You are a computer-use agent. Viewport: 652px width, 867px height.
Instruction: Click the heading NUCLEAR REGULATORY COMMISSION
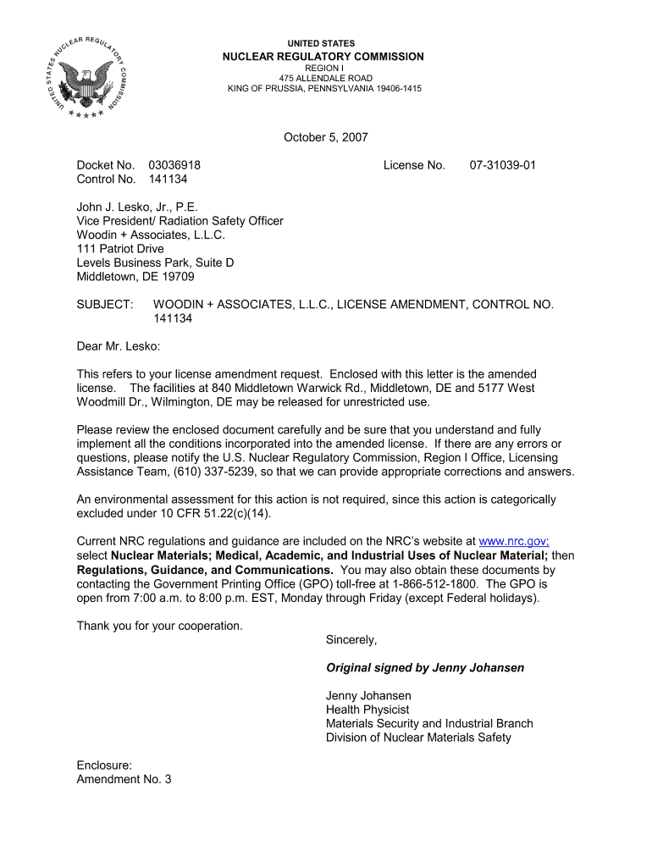323,57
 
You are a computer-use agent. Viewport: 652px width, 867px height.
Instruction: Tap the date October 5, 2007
326,137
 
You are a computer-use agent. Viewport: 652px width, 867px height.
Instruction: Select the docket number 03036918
174,165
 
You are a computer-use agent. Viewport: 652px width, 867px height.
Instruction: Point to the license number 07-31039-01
503,165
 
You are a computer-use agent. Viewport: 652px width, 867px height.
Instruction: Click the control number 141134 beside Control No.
168,179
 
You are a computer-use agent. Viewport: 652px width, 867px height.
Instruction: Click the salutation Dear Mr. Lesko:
119,345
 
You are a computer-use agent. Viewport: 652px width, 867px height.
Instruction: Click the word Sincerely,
351,639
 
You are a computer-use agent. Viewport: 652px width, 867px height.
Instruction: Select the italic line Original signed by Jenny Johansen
425,668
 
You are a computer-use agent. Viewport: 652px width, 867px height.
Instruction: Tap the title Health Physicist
367,710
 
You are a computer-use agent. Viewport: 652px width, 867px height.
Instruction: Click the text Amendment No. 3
124,779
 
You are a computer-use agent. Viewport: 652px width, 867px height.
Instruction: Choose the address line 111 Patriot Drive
120,249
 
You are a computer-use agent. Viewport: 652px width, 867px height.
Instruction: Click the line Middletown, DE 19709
135,277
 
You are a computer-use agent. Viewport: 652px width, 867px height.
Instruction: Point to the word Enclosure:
104,765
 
